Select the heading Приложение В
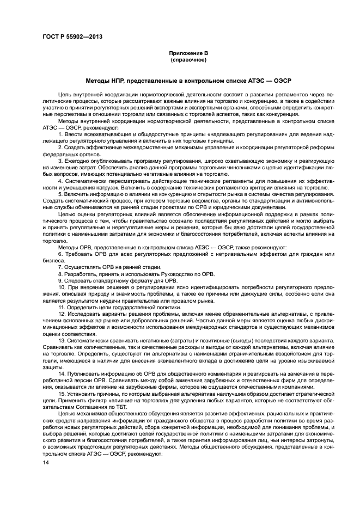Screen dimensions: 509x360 pos(187,53)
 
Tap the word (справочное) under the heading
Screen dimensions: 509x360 pos(187,59)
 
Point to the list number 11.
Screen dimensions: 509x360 pos(62,307)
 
